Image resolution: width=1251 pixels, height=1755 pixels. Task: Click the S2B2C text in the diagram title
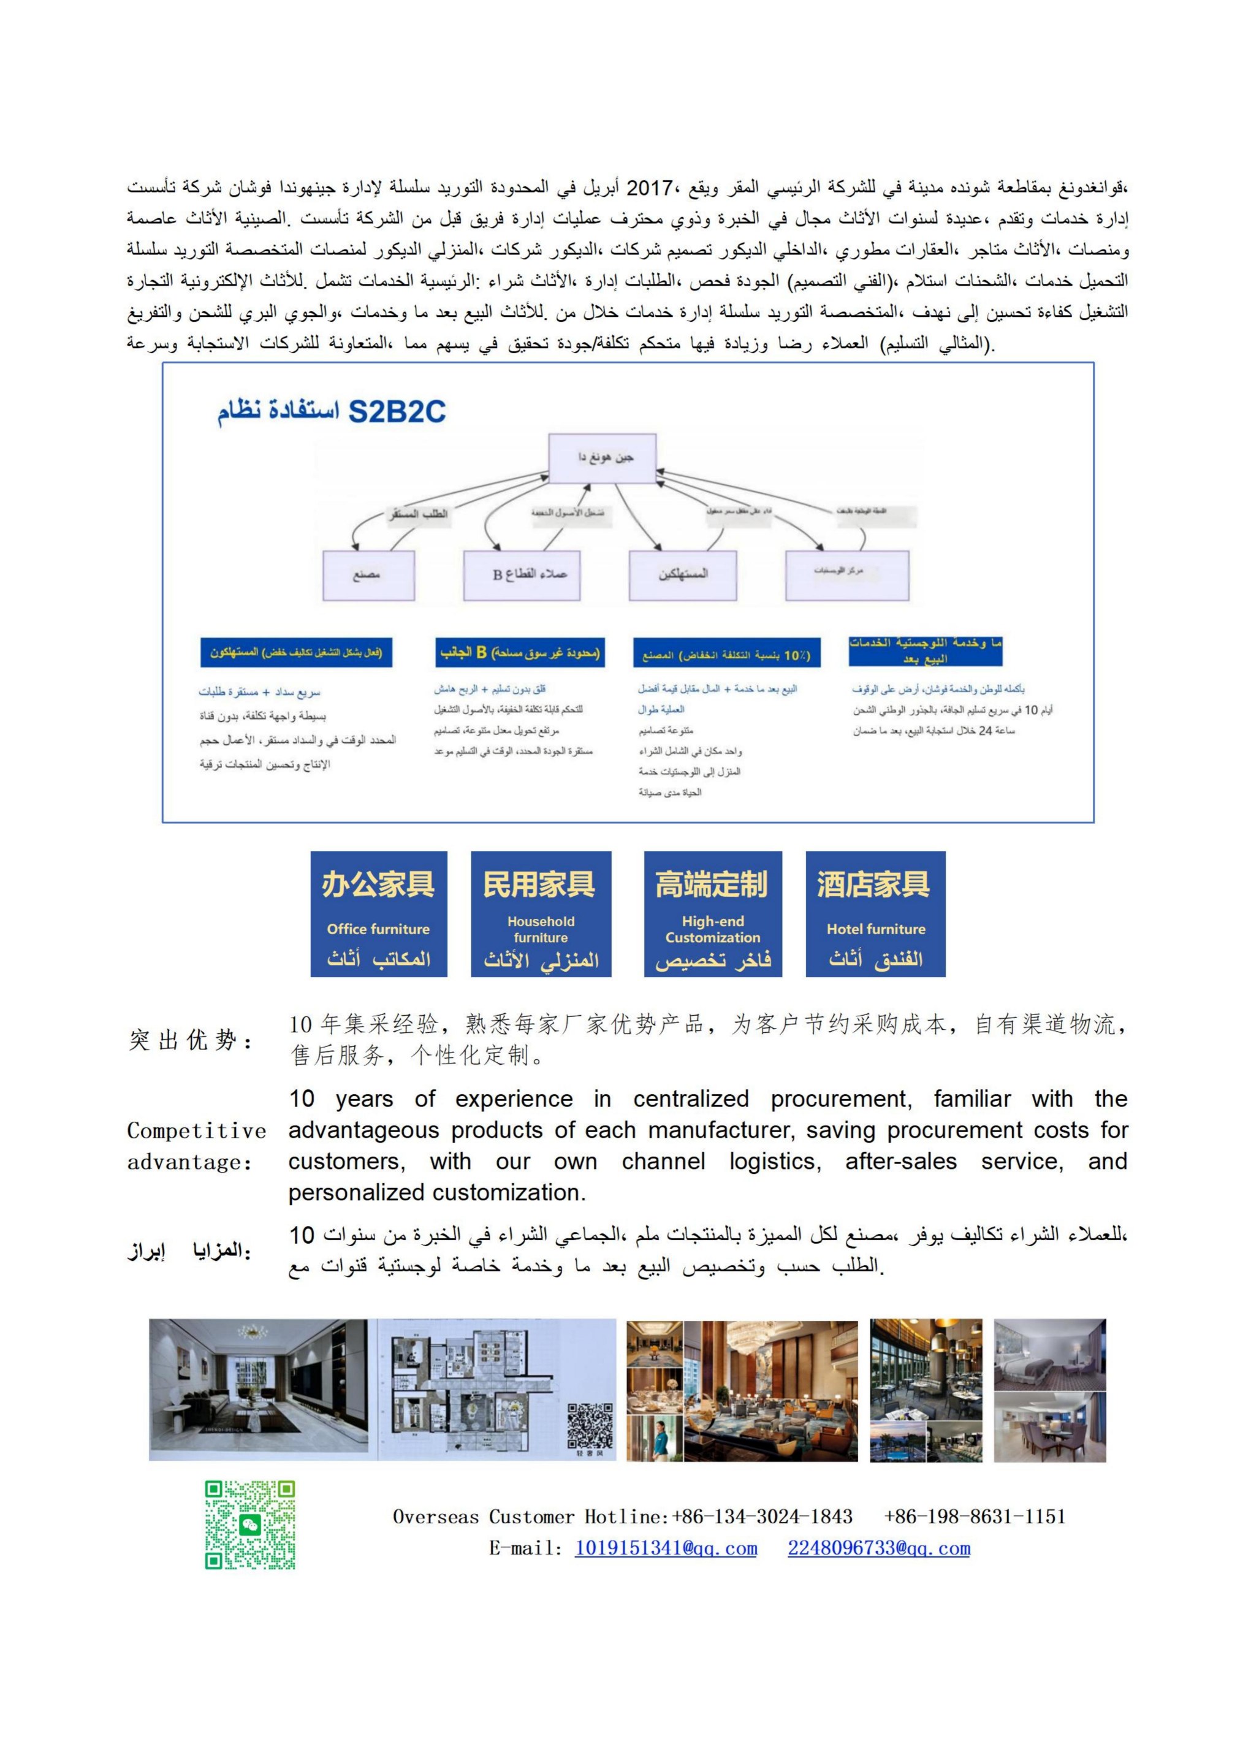397,412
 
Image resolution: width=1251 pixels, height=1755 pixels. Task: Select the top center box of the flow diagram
602,459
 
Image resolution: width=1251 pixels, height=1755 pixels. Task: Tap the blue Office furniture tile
378,914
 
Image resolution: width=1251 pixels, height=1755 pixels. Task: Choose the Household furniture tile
541,914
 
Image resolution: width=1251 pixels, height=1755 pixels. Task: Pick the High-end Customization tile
713,914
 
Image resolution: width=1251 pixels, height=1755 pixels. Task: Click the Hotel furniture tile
875,914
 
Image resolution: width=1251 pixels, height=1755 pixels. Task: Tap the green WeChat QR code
249,1524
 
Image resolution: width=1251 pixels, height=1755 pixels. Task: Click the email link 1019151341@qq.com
666,1548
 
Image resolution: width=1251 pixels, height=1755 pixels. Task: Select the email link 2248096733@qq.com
878,1548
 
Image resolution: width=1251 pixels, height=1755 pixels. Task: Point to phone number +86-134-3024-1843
762,1517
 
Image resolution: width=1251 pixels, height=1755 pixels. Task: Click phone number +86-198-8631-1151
975,1517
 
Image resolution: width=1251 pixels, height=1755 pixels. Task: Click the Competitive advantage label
196,1146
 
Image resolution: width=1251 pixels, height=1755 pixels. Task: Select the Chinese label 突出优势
189,1040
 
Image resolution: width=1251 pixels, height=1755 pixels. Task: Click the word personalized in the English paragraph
357,1193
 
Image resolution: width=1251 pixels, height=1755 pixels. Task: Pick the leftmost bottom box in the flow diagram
368,576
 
